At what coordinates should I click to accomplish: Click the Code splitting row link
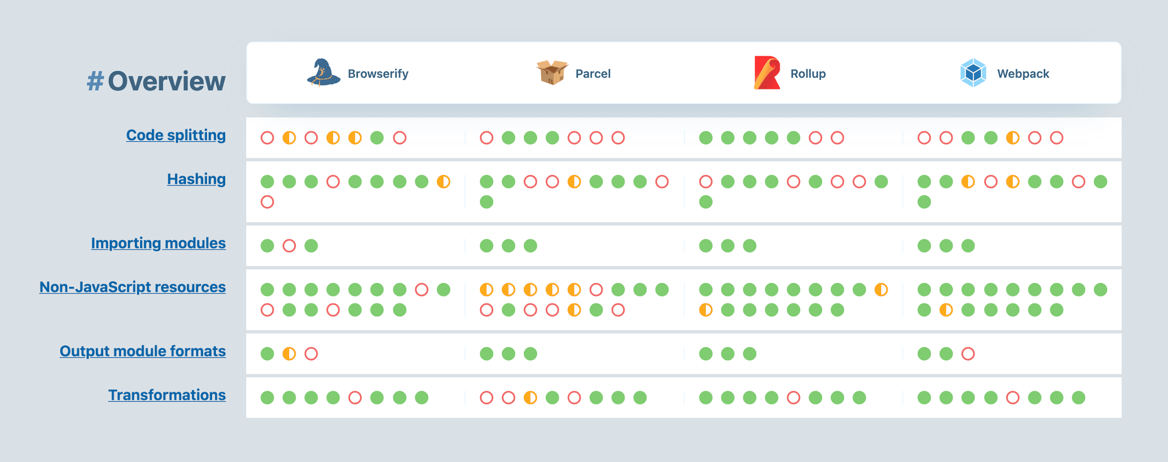coord(176,135)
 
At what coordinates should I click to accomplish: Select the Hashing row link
coord(196,179)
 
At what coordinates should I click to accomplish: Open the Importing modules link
coord(158,243)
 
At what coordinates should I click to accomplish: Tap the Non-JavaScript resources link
coord(132,287)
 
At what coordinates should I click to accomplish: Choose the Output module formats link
coord(142,351)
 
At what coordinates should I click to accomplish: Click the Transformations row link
coord(167,395)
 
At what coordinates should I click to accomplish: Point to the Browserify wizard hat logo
coord(323,73)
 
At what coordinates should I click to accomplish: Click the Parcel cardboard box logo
coord(552,72)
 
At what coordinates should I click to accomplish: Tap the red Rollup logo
coord(767,73)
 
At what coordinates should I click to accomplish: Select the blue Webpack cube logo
coord(973,73)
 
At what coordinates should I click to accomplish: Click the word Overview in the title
coord(166,81)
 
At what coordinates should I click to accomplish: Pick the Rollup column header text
coord(808,74)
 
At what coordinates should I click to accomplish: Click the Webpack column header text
coord(1023,74)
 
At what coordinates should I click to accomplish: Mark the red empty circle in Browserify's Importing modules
coord(289,246)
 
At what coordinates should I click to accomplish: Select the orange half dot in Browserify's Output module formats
coord(289,354)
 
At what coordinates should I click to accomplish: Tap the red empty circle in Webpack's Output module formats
coord(968,354)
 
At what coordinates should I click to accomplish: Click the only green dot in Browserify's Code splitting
coord(377,138)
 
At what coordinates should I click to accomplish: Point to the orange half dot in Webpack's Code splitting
coord(1012,138)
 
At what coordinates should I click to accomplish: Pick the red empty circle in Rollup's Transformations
coord(793,398)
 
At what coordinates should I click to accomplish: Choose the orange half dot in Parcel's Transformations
coord(530,398)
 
